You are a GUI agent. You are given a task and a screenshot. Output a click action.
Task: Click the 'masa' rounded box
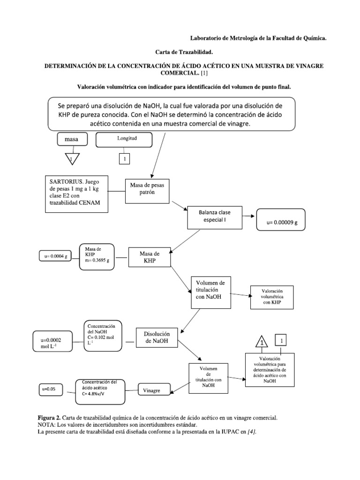(x=72, y=140)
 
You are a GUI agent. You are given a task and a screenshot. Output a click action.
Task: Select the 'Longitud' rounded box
(x=124, y=140)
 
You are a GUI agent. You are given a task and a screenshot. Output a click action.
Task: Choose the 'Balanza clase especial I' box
(x=215, y=216)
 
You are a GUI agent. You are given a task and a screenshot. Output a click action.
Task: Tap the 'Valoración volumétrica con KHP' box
(x=272, y=297)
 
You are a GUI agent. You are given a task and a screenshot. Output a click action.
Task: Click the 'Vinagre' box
(x=152, y=390)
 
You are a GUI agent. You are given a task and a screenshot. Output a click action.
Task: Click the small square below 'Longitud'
(x=124, y=160)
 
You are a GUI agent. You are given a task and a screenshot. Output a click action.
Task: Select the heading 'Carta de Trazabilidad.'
(x=180, y=52)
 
